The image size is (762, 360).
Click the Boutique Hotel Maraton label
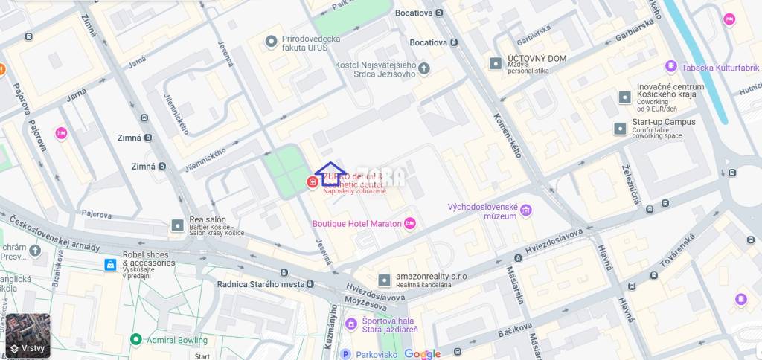coord(356,223)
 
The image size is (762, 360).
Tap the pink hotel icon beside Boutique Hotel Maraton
coord(409,223)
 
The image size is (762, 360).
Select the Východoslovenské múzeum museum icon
coord(526,210)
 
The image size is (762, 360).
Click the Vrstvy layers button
coord(28,336)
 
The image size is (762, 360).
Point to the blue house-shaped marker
coord(328,175)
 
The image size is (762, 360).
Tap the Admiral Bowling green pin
coord(135,339)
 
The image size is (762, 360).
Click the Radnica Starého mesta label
coord(256,284)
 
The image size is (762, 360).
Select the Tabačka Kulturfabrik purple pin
coord(670,67)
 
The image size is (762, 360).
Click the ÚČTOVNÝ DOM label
coord(537,59)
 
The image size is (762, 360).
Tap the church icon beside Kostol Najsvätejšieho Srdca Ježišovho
coord(424,69)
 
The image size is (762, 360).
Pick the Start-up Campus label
coord(664,122)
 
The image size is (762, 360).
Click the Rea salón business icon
coord(177,225)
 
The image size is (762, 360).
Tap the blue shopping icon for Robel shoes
coord(110,264)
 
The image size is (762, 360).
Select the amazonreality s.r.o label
coord(431,277)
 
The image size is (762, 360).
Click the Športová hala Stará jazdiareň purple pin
coord(350,324)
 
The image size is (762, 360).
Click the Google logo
coord(423,354)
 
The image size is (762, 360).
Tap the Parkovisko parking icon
coord(345,354)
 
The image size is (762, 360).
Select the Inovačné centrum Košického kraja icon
coord(624,97)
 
